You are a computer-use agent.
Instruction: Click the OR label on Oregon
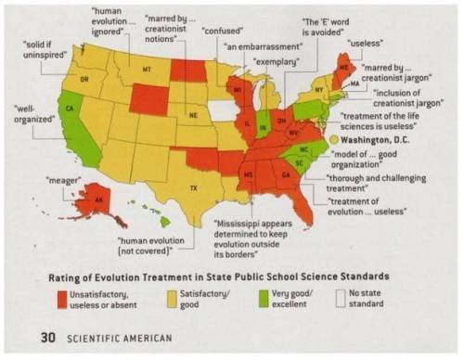click(84, 80)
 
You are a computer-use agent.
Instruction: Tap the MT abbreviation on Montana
click(146, 71)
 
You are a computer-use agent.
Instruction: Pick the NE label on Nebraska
click(193, 115)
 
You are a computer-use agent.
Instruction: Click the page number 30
click(35, 338)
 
